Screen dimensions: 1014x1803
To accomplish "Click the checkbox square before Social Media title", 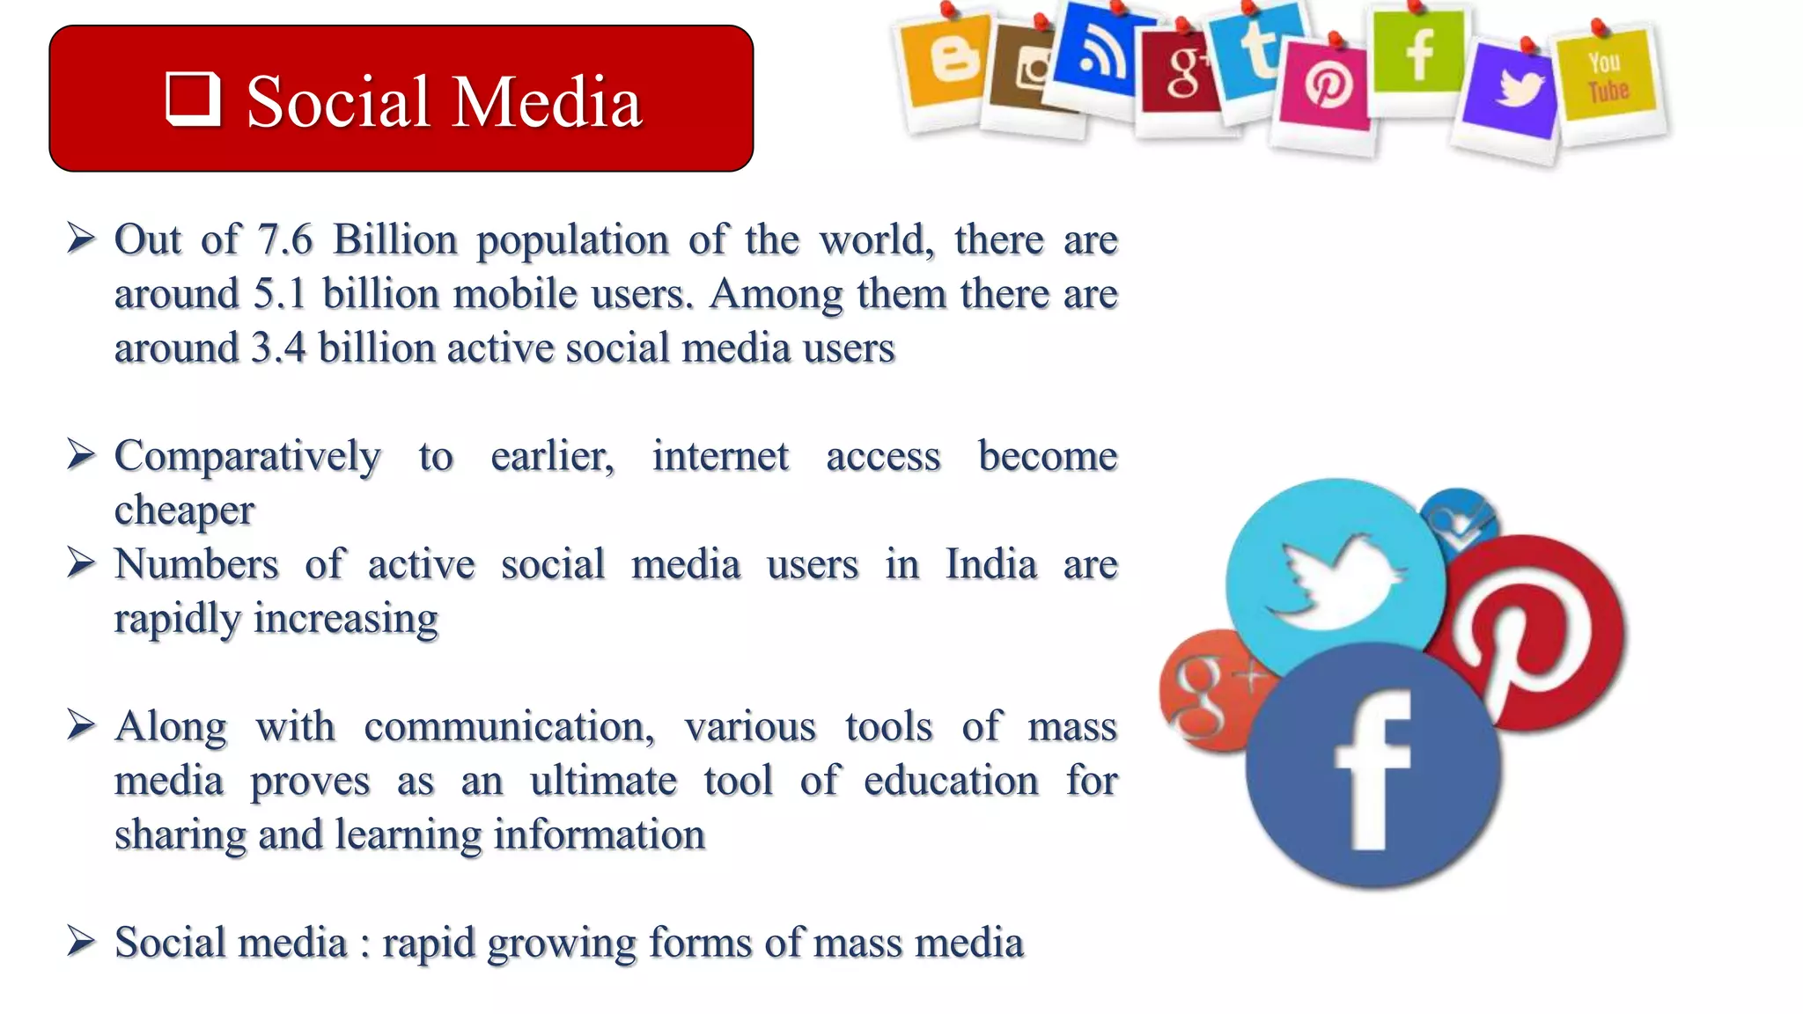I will (x=193, y=99).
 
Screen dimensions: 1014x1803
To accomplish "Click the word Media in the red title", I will (x=547, y=102).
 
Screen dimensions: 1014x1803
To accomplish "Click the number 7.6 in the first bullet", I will (x=284, y=239).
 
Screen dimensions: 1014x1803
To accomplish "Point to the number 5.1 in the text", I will (x=280, y=294).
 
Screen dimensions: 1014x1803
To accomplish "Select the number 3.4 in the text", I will (x=278, y=348).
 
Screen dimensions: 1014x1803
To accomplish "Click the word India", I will (x=991, y=564).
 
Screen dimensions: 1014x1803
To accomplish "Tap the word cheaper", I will (x=184, y=511).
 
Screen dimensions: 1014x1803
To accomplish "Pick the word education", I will (x=951, y=781).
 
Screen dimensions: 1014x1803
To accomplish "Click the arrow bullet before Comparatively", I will (x=81, y=455).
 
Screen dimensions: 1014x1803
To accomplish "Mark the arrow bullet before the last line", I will (x=81, y=942).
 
